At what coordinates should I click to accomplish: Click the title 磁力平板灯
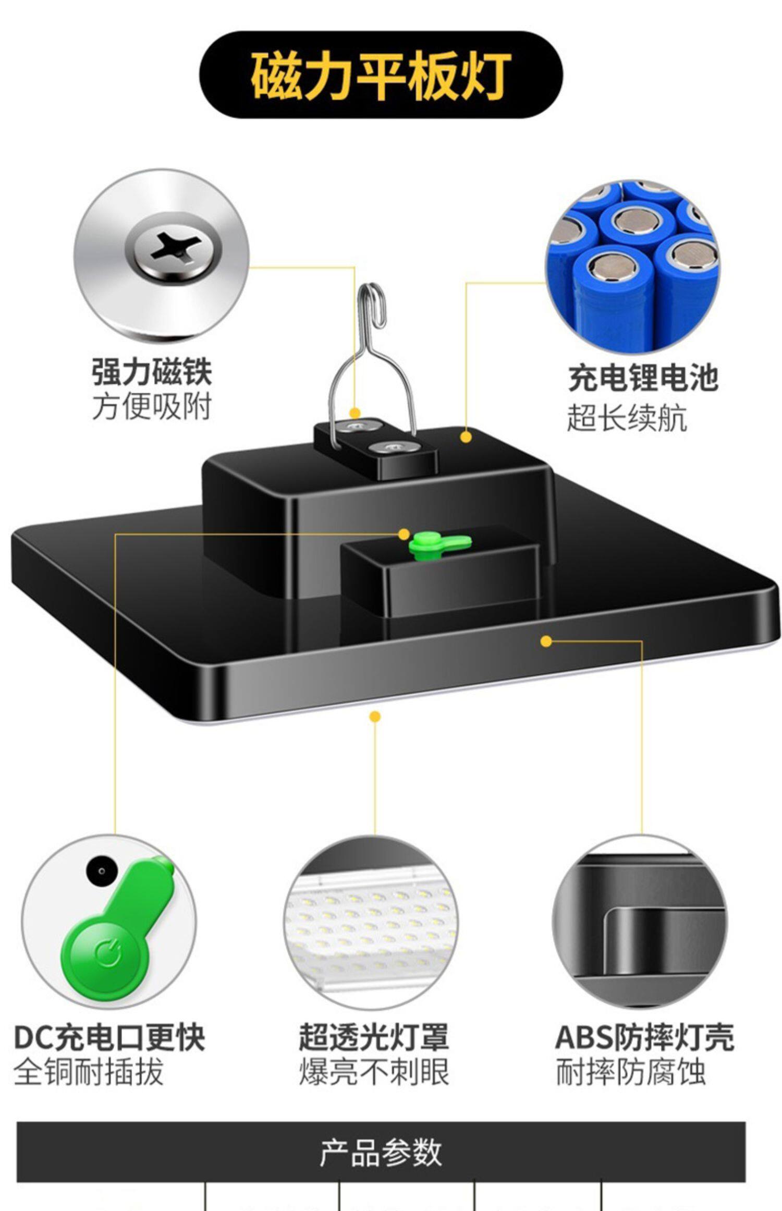pyautogui.click(x=381, y=76)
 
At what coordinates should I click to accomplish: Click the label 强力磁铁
pyautogui.click(x=152, y=372)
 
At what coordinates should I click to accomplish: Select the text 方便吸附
pyautogui.click(x=152, y=407)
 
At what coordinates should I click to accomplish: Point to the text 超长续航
pyautogui.click(x=627, y=418)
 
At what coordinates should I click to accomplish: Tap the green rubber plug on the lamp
pyautogui.click(x=439, y=544)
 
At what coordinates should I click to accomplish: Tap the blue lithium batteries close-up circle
pyautogui.click(x=632, y=266)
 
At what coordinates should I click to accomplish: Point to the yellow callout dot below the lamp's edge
pyautogui.click(x=375, y=717)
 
